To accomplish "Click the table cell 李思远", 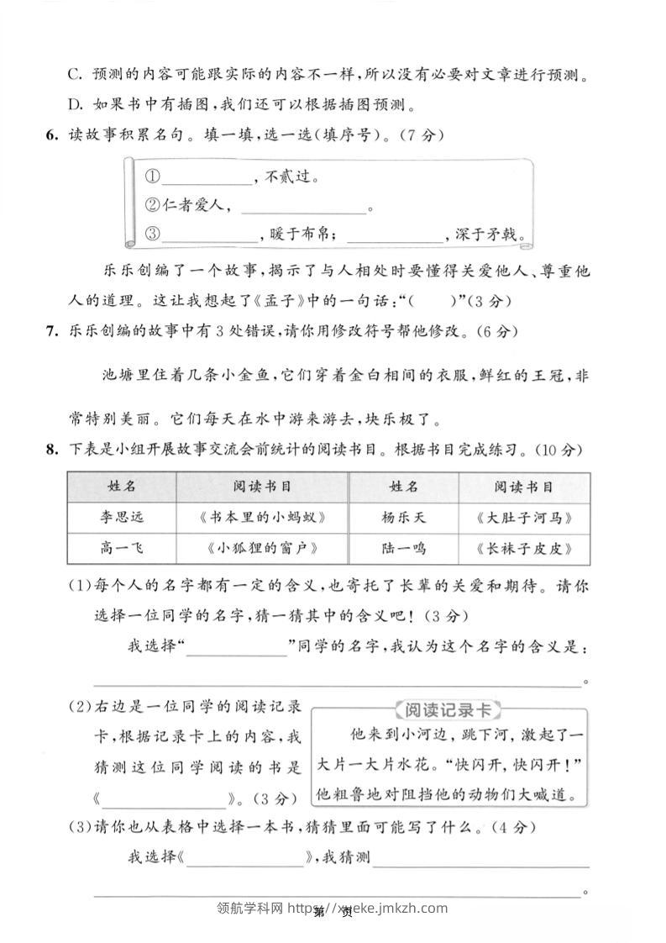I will pos(121,517).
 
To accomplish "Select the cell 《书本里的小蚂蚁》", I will pos(262,517).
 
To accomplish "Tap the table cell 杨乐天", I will pos(403,517).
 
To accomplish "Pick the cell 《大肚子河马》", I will pos(523,517).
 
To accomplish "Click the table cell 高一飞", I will pos(121,548).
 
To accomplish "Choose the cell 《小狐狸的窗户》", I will pos(262,548).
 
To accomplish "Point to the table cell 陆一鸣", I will pos(403,548).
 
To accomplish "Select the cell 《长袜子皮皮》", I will pos(523,548).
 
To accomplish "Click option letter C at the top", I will pos(74,76).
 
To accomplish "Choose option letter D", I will pos(74,105).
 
